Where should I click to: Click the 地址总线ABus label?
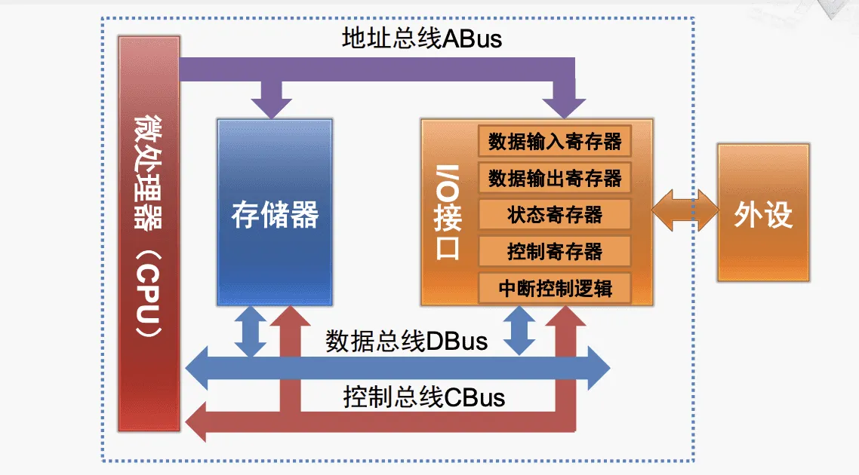click(x=421, y=38)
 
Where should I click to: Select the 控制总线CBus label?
click(x=423, y=397)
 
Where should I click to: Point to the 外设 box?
click(x=763, y=214)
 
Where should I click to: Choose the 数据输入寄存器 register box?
click(x=554, y=141)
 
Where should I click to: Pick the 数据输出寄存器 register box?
click(x=554, y=178)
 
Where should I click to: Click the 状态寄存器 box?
click(x=554, y=214)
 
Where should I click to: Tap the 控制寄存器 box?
click(x=554, y=250)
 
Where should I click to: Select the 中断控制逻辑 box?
click(x=554, y=287)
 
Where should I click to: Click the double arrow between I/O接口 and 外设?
click(x=685, y=210)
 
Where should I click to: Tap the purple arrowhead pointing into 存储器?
click(x=271, y=103)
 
